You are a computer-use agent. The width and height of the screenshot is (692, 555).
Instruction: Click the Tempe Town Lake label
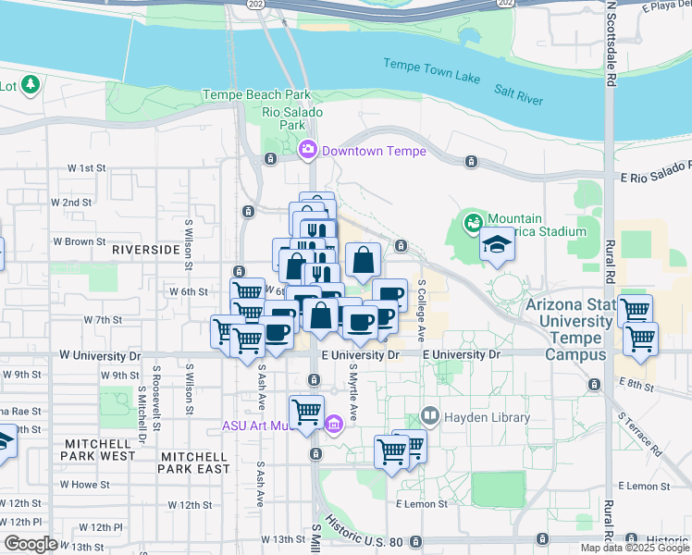[432, 70]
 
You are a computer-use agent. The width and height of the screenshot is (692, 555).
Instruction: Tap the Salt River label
[518, 94]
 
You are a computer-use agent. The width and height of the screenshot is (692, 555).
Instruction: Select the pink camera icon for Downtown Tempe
[308, 149]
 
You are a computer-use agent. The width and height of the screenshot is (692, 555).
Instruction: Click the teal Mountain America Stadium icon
[474, 223]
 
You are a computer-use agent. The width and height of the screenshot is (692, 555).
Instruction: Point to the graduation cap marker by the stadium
[497, 245]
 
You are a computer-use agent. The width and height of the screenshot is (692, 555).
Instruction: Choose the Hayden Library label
[488, 418]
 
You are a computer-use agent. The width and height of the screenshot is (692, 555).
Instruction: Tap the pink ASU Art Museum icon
[333, 425]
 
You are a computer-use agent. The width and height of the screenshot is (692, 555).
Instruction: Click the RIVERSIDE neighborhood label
[145, 250]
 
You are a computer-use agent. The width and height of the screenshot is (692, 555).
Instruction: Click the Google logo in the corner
[30, 544]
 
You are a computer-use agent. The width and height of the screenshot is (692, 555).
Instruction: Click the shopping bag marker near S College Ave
[363, 261]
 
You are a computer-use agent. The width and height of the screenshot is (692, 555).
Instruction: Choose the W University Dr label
[101, 355]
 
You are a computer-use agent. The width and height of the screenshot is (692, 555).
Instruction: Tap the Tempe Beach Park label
[257, 95]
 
